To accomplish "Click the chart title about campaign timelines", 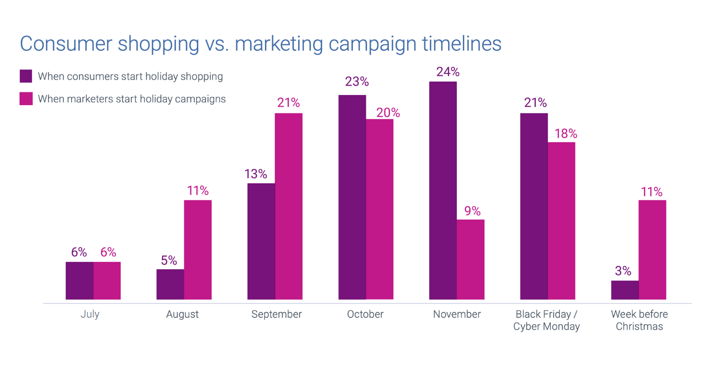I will click(x=260, y=44).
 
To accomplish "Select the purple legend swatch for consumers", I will click(x=26, y=76).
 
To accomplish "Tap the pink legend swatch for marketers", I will click(x=26, y=99).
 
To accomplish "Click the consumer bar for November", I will click(x=443, y=190).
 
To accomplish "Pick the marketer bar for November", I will click(x=471, y=259).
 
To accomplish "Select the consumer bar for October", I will click(x=352, y=197).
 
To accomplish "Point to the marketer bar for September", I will click(x=288, y=206).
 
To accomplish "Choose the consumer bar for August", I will click(x=170, y=284).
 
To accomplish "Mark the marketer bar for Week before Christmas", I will click(x=652, y=250).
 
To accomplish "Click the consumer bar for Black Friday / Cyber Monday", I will click(x=534, y=206).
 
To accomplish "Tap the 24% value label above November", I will click(x=448, y=72).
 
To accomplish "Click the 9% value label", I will click(x=473, y=211).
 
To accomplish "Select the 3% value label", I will click(x=623, y=271).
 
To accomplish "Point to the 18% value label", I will click(x=566, y=134).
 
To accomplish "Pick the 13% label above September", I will click(x=256, y=174).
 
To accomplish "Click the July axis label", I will click(x=90, y=314).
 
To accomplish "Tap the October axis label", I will click(x=365, y=314).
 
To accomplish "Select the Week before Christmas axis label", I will click(x=639, y=320).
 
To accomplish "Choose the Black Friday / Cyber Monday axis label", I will click(x=546, y=320).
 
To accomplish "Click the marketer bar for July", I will click(x=107, y=280).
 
